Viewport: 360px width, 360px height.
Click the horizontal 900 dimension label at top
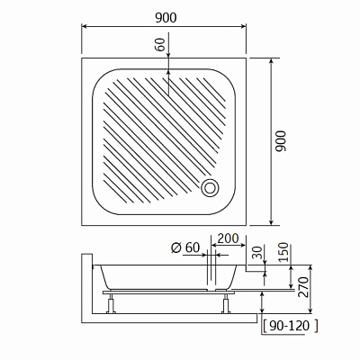pyautogui.click(x=166, y=18)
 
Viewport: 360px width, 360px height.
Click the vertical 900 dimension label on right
pyautogui.click(x=281, y=141)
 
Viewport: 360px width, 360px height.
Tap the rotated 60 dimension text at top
pyautogui.click(x=160, y=44)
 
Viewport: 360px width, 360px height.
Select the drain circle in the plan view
pyautogui.click(x=210, y=188)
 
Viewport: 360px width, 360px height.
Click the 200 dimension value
pyautogui.click(x=228, y=238)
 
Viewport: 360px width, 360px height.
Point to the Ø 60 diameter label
pyautogui.click(x=185, y=247)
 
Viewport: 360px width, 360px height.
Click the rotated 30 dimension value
pyautogui.click(x=256, y=252)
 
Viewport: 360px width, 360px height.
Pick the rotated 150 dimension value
pyautogui.click(x=283, y=252)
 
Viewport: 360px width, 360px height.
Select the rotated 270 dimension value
pyautogui.click(x=303, y=287)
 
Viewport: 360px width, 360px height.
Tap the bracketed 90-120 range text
pyautogui.click(x=290, y=326)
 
